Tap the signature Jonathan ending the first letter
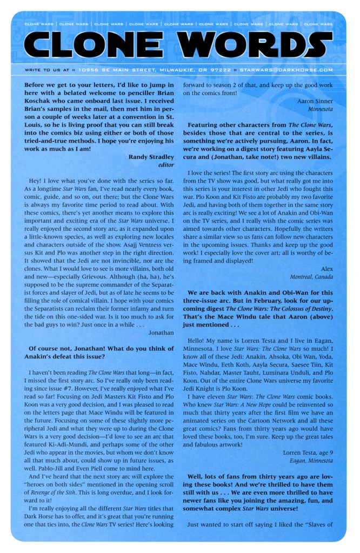pos(161,332)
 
